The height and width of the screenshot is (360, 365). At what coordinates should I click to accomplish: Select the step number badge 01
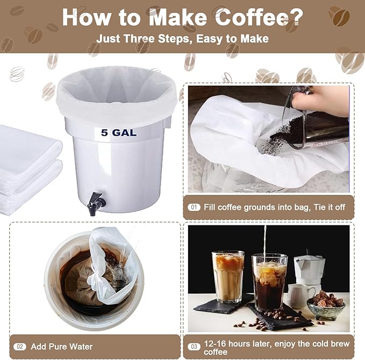tap(194, 207)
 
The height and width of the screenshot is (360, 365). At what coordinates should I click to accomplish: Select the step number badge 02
tap(20, 347)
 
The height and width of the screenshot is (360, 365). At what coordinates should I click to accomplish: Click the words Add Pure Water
tap(62, 347)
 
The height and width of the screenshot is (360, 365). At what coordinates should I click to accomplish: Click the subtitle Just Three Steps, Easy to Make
tap(182, 39)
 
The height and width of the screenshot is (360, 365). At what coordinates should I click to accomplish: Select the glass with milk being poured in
tap(269, 283)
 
